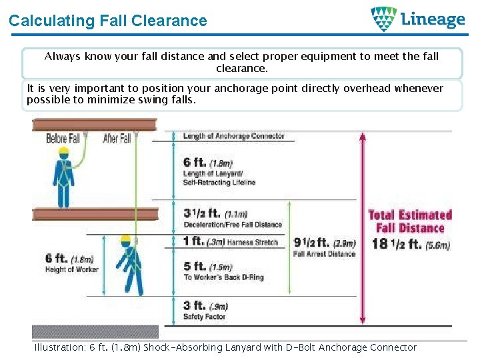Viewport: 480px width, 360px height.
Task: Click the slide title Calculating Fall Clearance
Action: tap(107, 21)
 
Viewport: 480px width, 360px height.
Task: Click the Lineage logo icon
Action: tap(383, 19)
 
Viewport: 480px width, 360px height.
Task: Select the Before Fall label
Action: tap(63, 139)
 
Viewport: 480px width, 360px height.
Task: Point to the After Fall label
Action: tap(117, 139)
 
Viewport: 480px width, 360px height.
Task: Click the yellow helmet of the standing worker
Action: tap(63, 151)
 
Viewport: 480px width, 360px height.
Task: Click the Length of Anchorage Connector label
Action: tap(233, 136)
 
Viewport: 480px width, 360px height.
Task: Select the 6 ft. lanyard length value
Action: tap(195, 162)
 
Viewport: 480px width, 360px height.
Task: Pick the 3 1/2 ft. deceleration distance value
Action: tap(201, 213)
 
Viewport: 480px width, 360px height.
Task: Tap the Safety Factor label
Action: tap(204, 317)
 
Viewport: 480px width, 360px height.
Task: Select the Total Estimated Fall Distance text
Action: tap(410, 221)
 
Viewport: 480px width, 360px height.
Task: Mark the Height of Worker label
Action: tap(71, 269)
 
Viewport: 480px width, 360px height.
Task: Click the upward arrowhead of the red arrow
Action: tap(362, 137)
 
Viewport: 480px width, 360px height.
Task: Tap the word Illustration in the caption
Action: tap(59, 347)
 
